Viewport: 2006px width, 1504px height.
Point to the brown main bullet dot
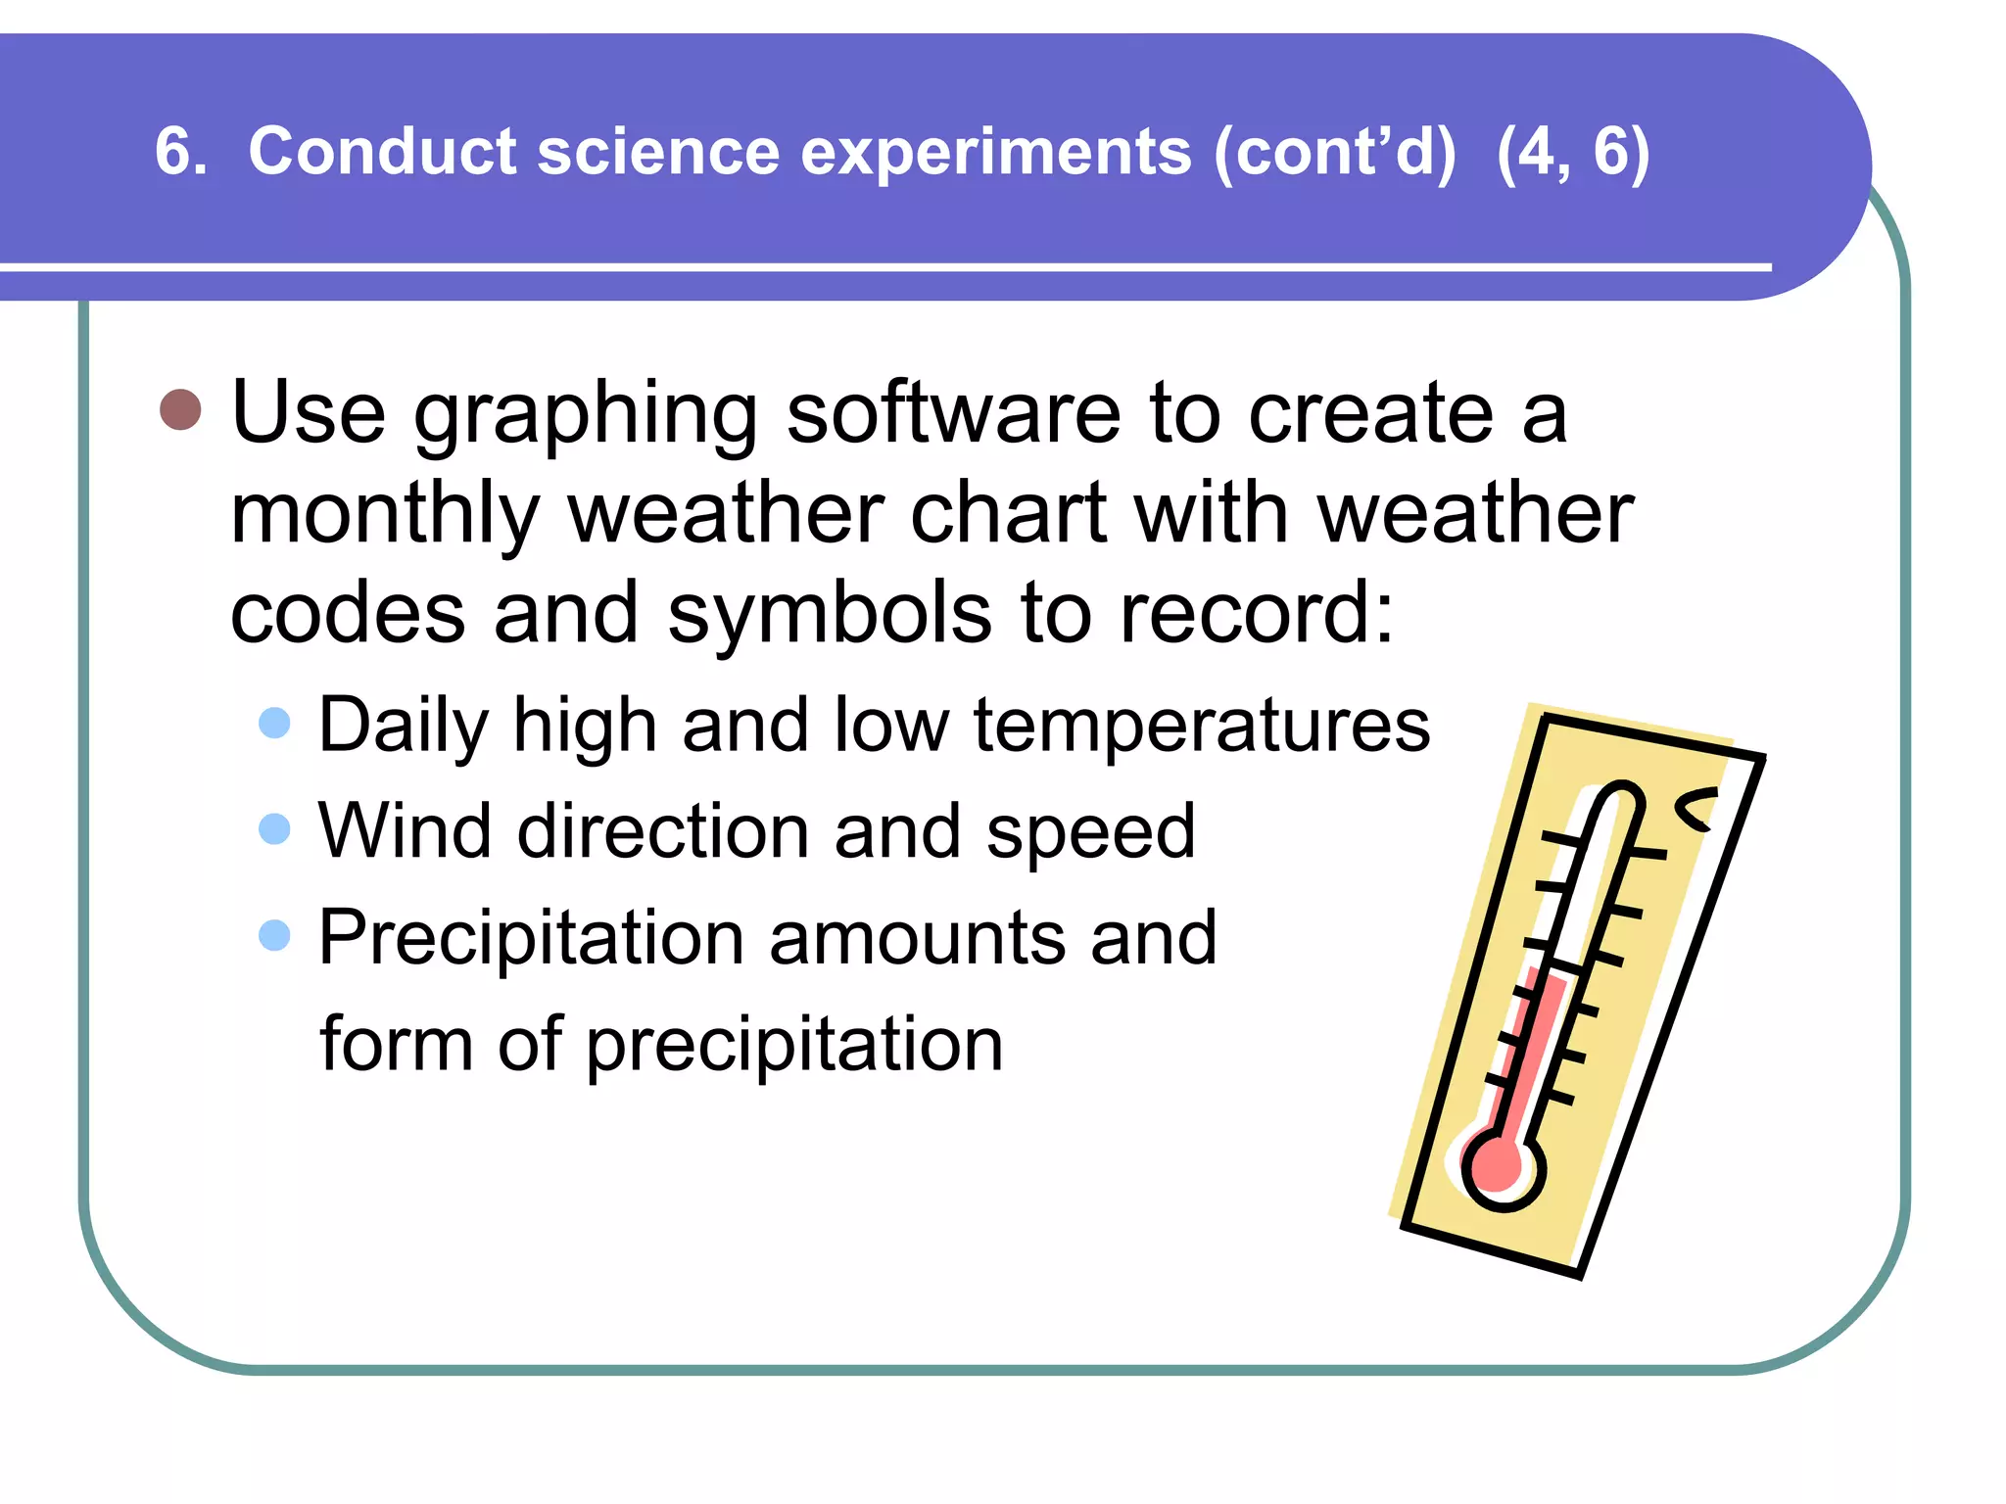pos(180,409)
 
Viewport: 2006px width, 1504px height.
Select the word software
pos(953,413)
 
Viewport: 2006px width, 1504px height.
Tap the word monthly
pos(385,516)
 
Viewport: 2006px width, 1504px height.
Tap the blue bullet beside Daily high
pos(274,723)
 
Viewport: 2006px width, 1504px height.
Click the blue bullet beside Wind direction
pos(274,828)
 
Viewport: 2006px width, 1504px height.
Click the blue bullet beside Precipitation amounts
pos(274,934)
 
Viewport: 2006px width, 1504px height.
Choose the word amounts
pos(918,937)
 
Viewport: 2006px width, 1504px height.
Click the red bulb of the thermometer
pos(1499,1168)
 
